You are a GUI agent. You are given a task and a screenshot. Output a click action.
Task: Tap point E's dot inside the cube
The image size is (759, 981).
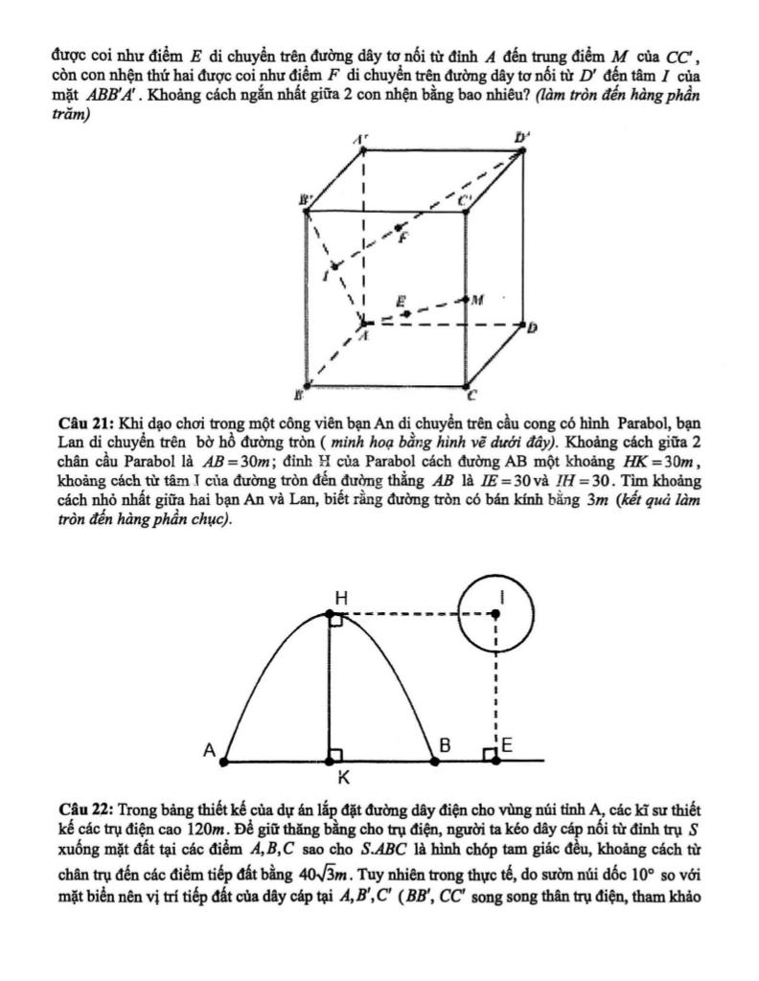[406, 313]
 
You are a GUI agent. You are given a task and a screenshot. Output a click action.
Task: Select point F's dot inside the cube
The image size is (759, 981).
[400, 228]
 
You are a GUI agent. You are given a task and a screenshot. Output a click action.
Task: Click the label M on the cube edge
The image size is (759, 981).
[475, 299]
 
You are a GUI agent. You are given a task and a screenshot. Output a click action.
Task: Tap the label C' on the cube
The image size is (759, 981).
[465, 200]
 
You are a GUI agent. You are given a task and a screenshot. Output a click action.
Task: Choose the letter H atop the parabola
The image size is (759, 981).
[339, 597]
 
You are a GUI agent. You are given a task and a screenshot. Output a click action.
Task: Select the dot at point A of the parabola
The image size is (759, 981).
[224, 763]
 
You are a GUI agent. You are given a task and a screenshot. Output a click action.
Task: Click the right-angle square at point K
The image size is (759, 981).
[336, 755]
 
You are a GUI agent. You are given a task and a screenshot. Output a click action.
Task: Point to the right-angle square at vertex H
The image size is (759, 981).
[336, 622]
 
